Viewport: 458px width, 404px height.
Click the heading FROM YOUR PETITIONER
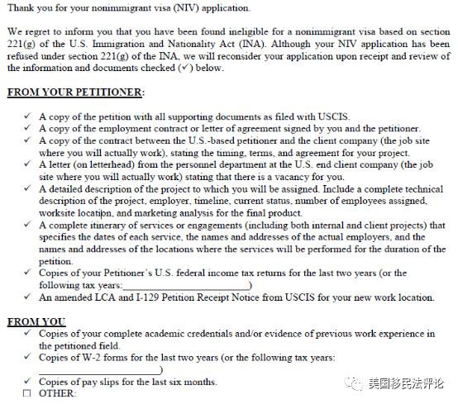75,92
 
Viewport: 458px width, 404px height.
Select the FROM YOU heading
37,321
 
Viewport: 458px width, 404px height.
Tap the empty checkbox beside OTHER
27,392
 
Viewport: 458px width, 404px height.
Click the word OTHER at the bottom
57,393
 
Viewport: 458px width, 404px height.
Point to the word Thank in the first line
23,8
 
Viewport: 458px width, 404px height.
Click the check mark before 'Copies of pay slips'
27,381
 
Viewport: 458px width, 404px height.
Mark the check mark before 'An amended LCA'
27,297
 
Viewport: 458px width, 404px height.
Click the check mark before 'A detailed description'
27,188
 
